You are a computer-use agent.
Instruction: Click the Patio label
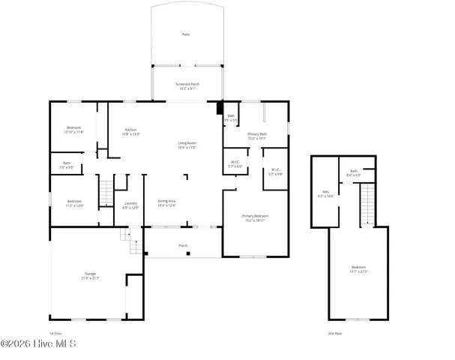coord(186,34)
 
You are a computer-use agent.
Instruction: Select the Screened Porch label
coord(187,85)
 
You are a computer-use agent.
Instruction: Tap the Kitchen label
coord(131,132)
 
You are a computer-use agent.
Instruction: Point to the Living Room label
coord(187,145)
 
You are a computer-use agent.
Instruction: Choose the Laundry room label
coord(130,205)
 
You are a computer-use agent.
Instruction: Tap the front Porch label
coord(183,244)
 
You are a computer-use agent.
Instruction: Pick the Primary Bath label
coord(257,136)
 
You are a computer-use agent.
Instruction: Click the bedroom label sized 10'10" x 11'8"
coord(75,130)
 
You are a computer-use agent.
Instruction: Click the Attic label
coord(325,193)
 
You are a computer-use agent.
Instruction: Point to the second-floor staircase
coord(367,204)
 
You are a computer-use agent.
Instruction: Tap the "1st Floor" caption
coord(55,332)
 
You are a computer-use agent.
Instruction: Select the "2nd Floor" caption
coord(334,332)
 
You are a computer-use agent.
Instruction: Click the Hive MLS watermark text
coord(43,345)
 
